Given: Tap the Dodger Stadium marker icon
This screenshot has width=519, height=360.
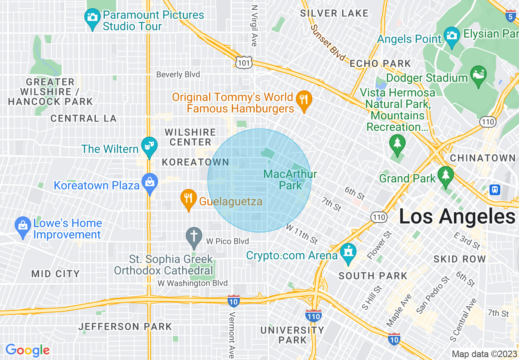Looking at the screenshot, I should point(478,74).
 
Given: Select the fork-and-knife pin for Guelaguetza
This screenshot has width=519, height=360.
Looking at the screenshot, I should point(188,198).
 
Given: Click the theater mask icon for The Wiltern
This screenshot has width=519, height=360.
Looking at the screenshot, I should point(149,145).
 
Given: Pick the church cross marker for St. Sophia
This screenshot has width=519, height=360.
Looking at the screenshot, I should point(194,236).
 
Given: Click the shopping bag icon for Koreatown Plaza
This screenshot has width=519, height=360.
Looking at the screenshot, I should point(150,182).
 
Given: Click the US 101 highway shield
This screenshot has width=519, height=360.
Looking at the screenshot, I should point(244,62).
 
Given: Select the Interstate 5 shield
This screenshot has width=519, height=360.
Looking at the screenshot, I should point(510,16).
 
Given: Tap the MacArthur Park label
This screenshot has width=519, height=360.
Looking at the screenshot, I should point(290,180).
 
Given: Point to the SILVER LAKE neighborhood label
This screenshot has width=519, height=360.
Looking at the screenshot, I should point(334,13).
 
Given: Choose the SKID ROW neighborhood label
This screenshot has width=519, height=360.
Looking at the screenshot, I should point(460,259).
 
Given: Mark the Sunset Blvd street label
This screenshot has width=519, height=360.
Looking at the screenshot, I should point(328,43).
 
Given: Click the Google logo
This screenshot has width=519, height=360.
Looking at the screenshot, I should point(27,350).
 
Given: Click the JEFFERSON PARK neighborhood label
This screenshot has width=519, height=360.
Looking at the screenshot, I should point(125,326).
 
